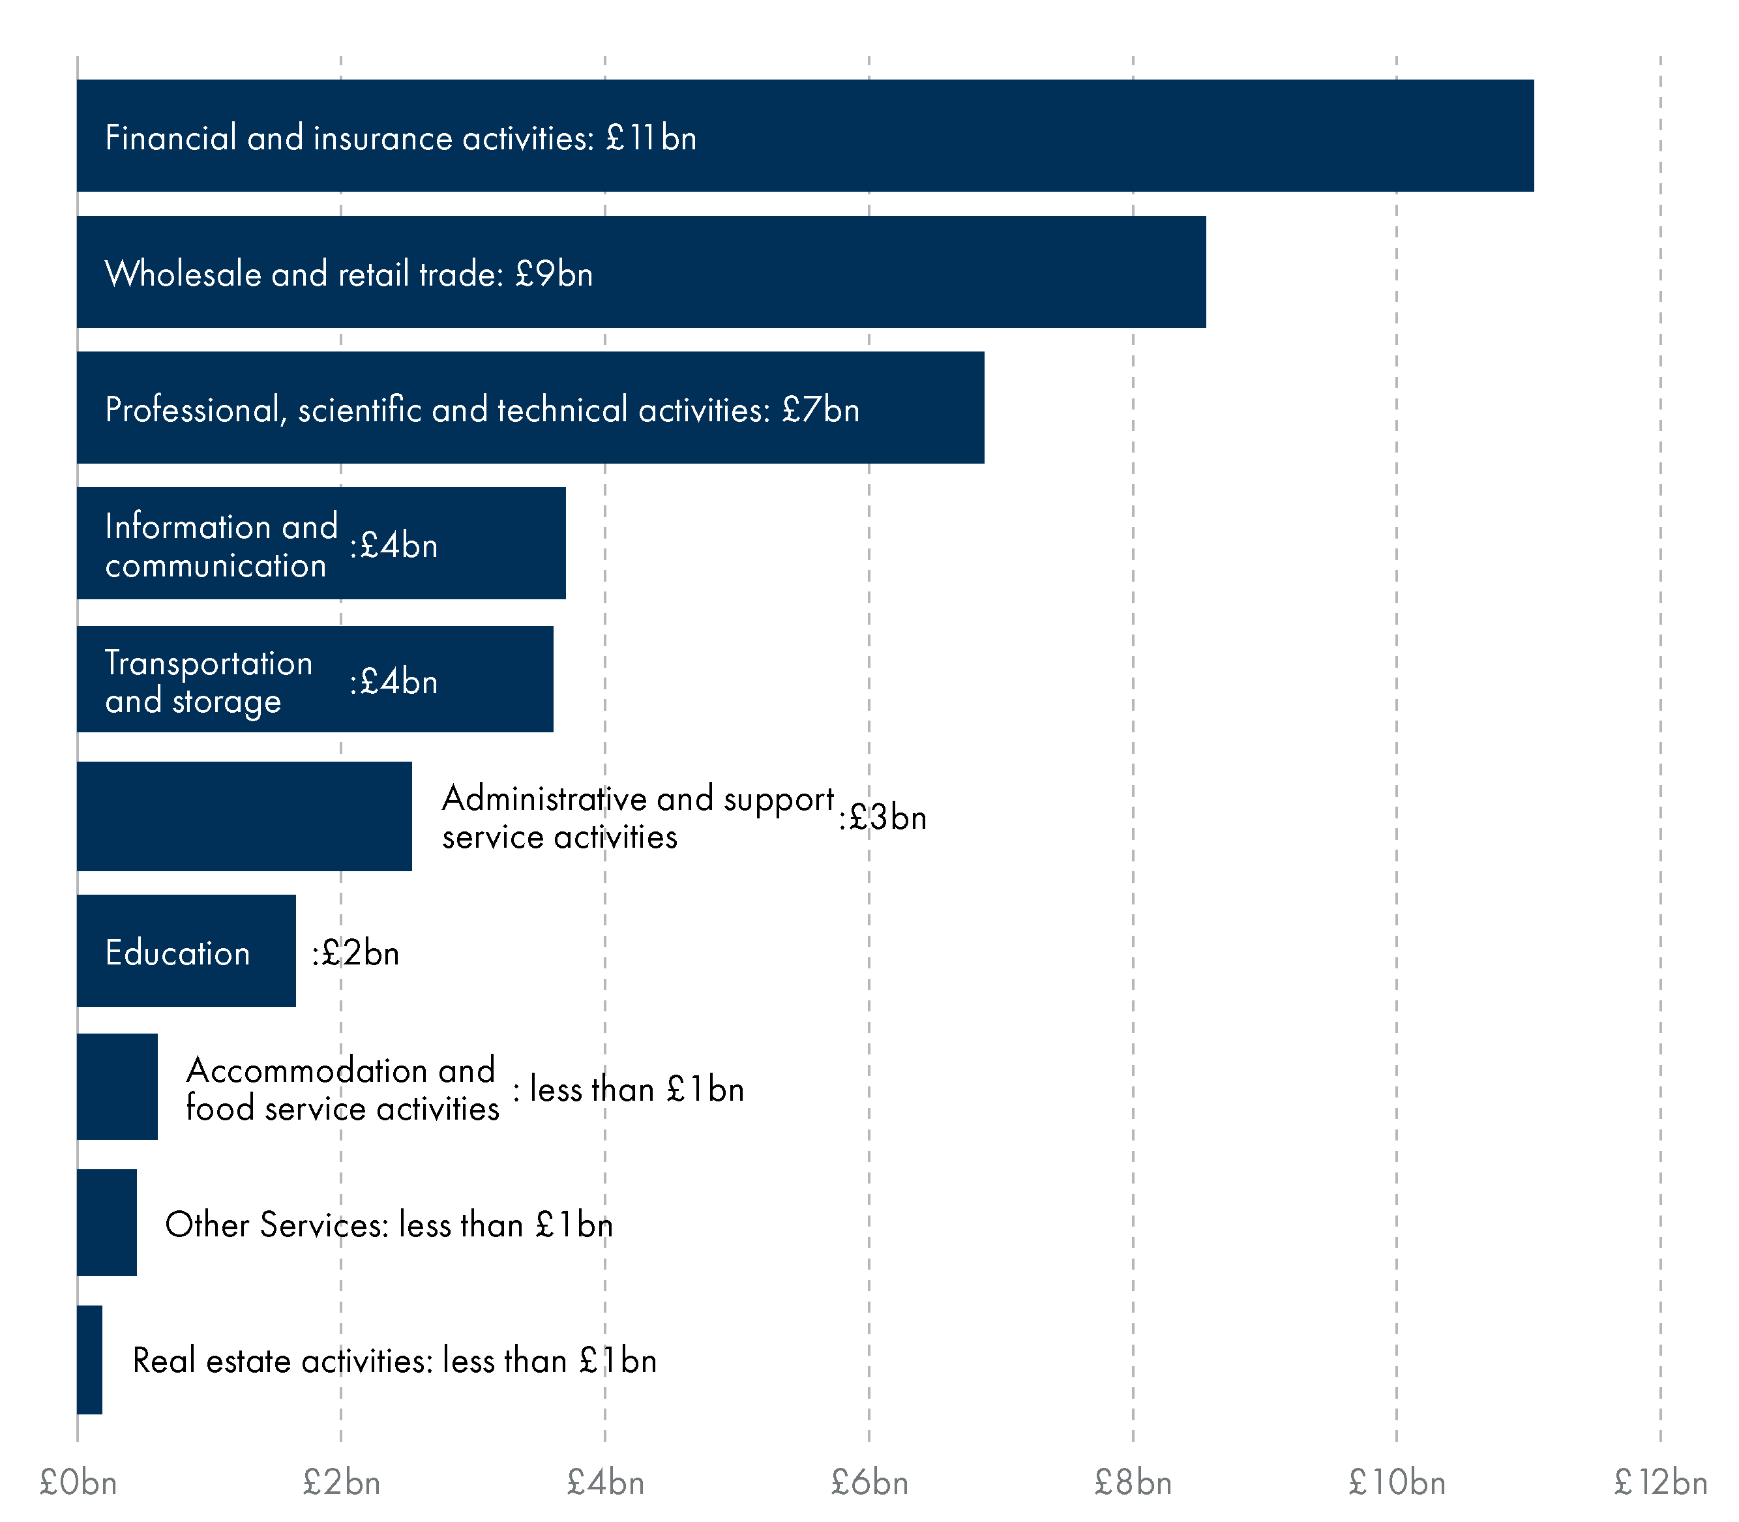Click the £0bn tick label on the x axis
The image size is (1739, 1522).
tap(78, 1483)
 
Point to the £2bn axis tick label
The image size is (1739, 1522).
tap(342, 1483)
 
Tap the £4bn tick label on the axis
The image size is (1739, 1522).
tap(606, 1483)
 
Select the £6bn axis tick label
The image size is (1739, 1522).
tap(870, 1483)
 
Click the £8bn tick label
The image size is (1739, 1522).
tap(1133, 1483)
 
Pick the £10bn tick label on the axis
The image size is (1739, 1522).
tap(1397, 1483)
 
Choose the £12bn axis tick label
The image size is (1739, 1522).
tap(1661, 1483)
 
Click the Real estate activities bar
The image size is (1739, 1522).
tap(90, 1360)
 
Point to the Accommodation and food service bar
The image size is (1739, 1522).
tap(117, 1086)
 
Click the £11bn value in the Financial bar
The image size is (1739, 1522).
tap(651, 138)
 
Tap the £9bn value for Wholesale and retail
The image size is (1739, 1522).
tap(554, 273)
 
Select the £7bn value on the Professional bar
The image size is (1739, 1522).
tap(820, 410)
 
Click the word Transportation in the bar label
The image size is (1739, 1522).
tap(209, 663)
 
